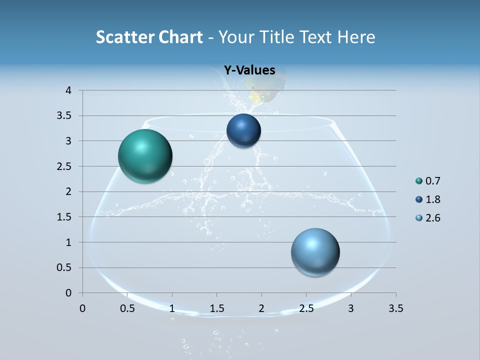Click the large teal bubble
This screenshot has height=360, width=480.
click(145, 156)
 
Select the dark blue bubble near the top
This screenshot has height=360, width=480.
click(243, 131)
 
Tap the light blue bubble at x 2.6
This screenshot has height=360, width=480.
click(315, 252)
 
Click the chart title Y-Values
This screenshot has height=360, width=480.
click(249, 70)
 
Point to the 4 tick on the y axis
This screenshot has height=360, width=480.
click(68, 90)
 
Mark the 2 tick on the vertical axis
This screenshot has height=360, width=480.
click(68, 191)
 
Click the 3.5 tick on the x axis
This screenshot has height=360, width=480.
click(395, 308)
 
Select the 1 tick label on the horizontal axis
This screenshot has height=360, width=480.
click(172, 308)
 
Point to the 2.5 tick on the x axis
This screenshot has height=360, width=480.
click(306, 308)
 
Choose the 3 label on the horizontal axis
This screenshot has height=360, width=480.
click(351, 308)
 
